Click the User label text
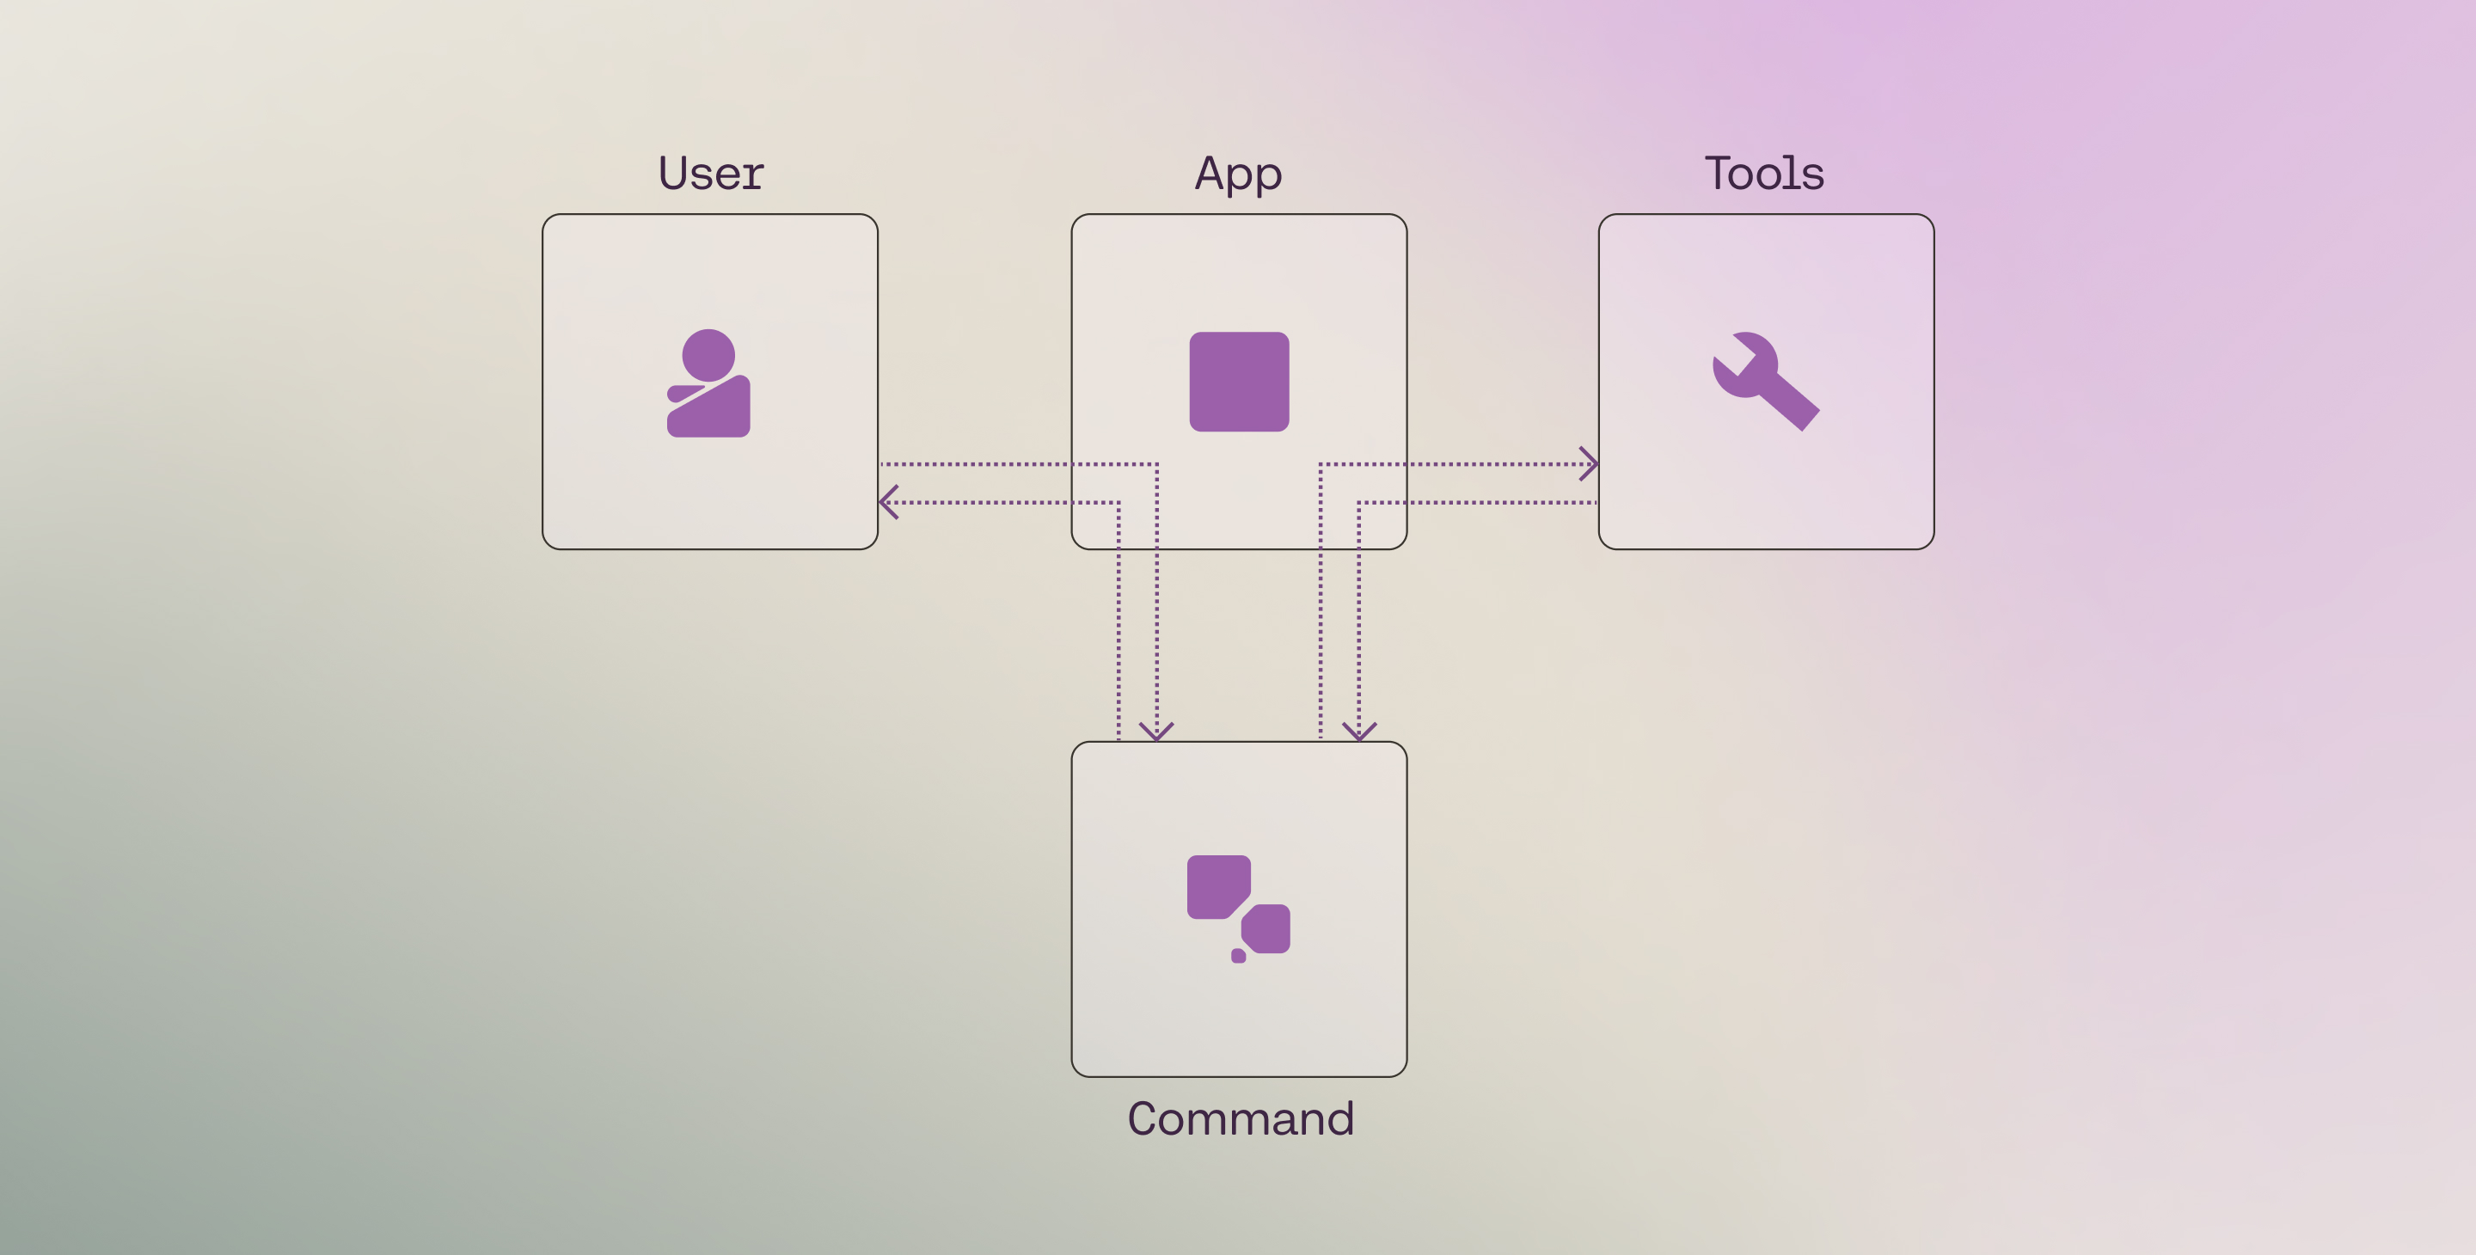(x=710, y=174)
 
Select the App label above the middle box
(x=1238, y=174)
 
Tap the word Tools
(x=1765, y=174)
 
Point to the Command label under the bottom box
(x=1240, y=1118)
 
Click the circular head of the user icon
(x=708, y=356)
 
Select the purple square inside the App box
(x=1239, y=382)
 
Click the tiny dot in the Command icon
(x=1239, y=955)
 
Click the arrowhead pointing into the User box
(x=888, y=502)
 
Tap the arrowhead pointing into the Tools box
(x=1590, y=464)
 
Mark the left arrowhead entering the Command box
(x=1156, y=732)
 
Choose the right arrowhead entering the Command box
(x=1359, y=732)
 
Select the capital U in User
(x=675, y=174)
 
